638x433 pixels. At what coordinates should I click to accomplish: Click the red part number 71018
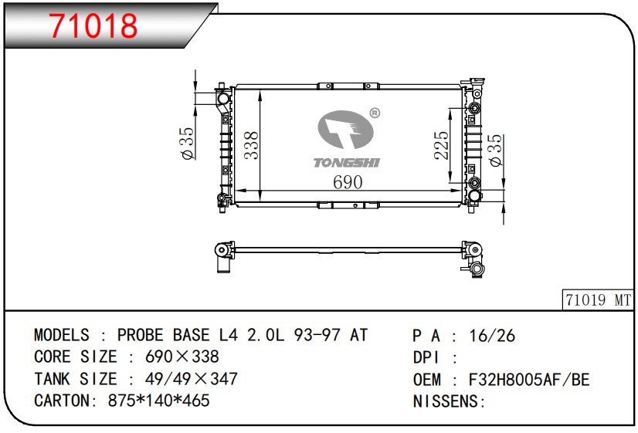pyautogui.click(x=93, y=25)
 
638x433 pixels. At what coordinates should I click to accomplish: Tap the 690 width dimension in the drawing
pyautogui.click(x=348, y=182)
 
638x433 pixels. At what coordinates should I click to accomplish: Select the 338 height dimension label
pyautogui.click(x=251, y=145)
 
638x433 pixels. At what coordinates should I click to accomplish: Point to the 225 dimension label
pyautogui.click(x=441, y=145)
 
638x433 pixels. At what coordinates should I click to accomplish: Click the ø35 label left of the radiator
pyautogui.click(x=187, y=144)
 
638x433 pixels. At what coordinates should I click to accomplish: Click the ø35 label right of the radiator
pyautogui.click(x=496, y=150)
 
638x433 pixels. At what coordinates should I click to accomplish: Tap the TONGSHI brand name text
pyautogui.click(x=347, y=163)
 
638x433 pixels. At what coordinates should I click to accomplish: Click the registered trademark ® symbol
pyautogui.click(x=375, y=113)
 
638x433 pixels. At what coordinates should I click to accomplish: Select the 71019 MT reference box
pyautogui.click(x=597, y=300)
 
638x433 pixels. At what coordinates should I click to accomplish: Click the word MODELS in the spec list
pyautogui.click(x=62, y=335)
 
